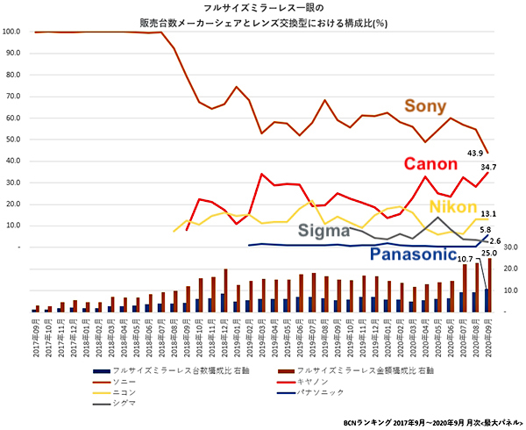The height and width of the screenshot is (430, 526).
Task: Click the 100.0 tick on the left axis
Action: click(12, 31)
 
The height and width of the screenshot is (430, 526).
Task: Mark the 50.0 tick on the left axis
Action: click(12, 139)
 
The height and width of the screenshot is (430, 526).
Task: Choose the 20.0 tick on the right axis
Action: click(509, 269)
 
